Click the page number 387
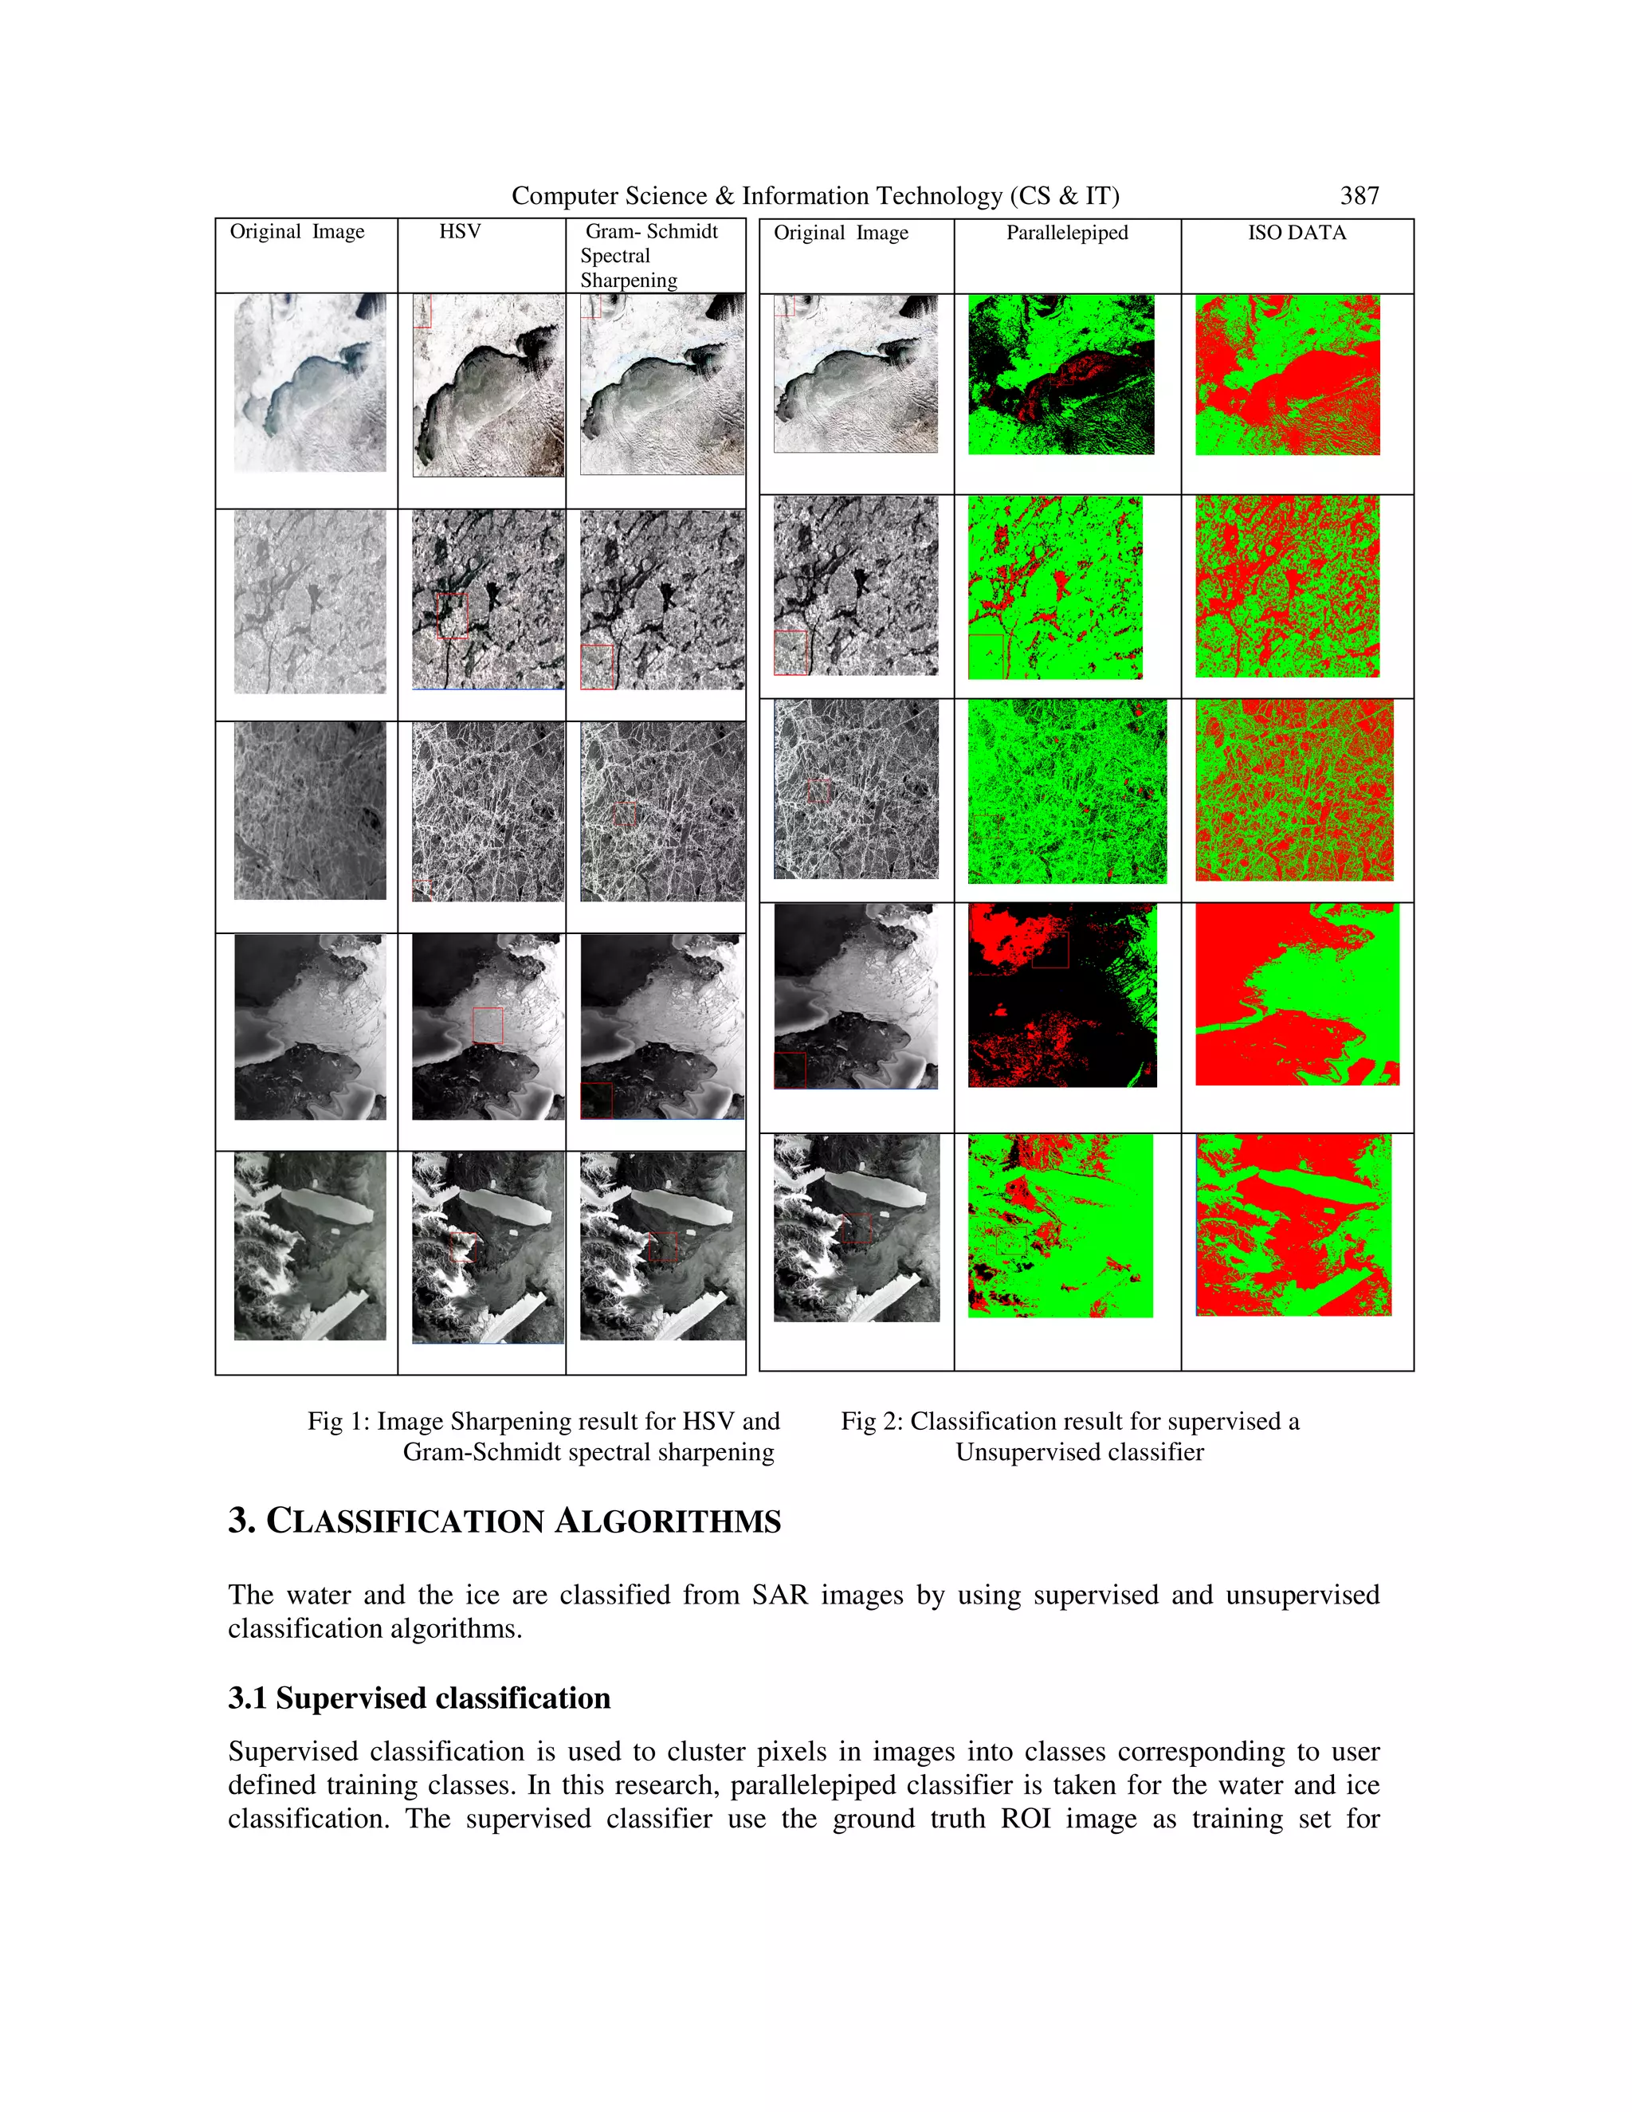click(1359, 196)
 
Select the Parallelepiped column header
click(1066, 233)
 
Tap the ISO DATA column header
click(1297, 233)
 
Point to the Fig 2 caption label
click(871, 1422)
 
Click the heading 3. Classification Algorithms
click(504, 1521)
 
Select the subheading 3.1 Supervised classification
click(418, 1698)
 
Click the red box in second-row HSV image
click(452, 616)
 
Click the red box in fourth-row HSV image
click(487, 1025)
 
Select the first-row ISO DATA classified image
click(1287, 375)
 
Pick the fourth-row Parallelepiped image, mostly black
click(1061, 995)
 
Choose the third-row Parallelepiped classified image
click(1066, 791)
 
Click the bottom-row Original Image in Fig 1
click(309, 1246)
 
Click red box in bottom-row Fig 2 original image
click(857, 1228)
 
